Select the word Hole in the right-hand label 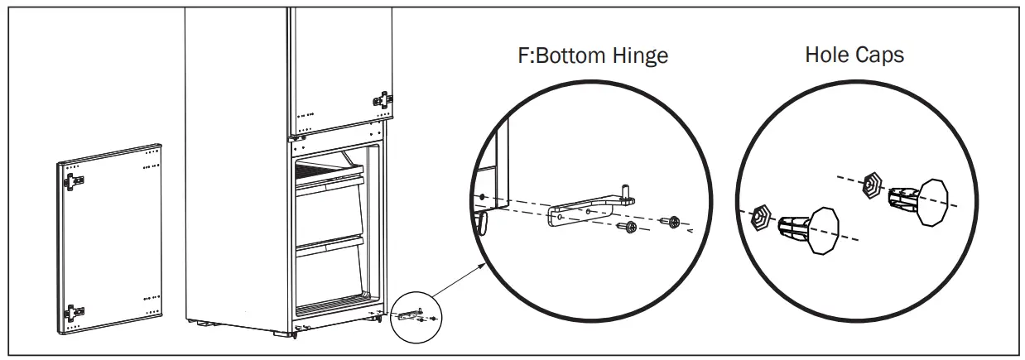(828, 55)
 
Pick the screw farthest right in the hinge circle (672, 221)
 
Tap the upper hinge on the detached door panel (74, 180)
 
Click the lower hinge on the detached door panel (74, 311)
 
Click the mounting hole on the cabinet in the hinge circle (482, 198)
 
